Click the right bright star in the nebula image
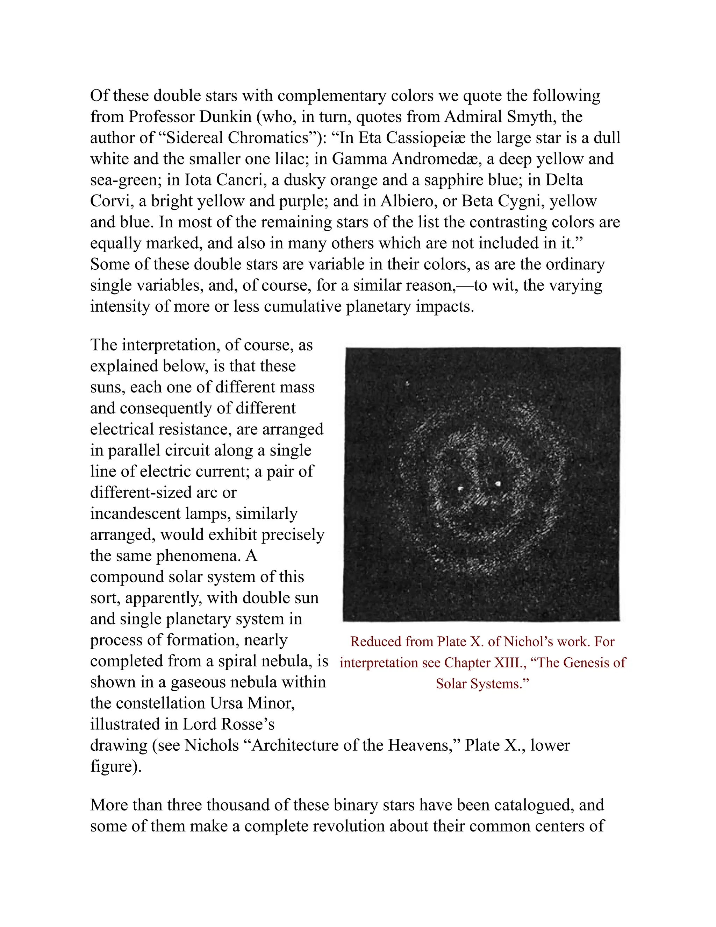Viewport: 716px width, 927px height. point(499,483)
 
